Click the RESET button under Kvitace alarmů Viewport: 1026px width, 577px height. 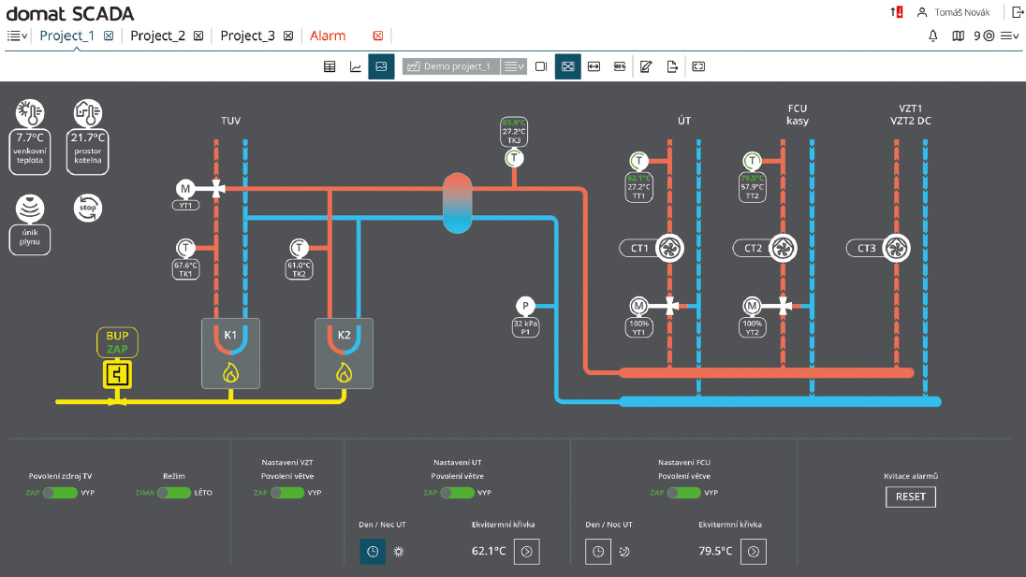910,497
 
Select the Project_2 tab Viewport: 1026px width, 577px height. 157,36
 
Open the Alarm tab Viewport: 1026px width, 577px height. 328,36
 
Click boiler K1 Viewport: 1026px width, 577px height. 229,353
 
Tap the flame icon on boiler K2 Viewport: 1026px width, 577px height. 344,373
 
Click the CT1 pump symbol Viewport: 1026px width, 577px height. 669,248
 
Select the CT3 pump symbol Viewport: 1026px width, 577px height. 896,248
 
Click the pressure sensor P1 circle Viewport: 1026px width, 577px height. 526,306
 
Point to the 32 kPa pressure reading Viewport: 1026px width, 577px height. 526,324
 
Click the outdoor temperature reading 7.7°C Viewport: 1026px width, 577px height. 30,137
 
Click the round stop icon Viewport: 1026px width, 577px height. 88,208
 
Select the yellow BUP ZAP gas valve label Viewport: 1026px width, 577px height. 117,342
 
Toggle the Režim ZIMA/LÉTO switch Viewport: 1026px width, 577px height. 173,493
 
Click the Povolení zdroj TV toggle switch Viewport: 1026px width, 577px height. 60,493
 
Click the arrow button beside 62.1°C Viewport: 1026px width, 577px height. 527,552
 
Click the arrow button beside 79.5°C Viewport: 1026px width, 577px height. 754,552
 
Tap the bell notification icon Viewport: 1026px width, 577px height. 932,36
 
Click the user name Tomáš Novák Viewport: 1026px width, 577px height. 966,12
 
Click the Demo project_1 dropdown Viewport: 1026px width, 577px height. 514,66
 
